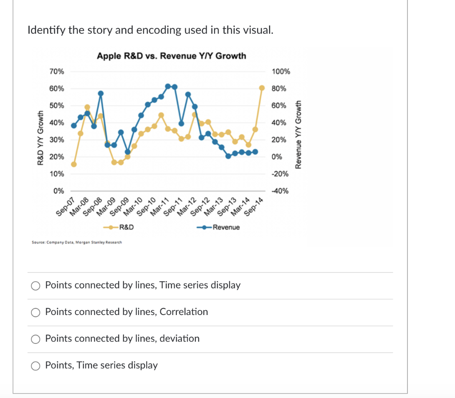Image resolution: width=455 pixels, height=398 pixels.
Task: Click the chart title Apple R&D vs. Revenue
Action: click(171, 56)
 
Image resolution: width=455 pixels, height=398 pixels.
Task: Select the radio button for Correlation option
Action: click(36, 312)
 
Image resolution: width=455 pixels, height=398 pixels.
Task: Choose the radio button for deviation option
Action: click(36, 339)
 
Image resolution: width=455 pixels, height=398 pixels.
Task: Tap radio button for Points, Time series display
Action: click(36, 366)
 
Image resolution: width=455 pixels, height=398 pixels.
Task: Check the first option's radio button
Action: click(36, 286)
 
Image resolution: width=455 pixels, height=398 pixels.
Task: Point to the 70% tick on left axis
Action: click(57, 71)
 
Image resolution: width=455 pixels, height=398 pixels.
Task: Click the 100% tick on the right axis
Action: click(281, 71)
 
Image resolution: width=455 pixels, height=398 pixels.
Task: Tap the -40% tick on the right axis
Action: click(281, 191)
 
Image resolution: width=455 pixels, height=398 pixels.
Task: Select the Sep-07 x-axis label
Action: click(66, 207)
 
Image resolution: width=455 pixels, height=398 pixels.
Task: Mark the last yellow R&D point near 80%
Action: click(262, 88)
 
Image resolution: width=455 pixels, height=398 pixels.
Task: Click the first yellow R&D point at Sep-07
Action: click(74, 164)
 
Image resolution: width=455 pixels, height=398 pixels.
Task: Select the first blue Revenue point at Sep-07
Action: click(74, 126)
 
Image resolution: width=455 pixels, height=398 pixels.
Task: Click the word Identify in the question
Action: click(45, 30)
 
